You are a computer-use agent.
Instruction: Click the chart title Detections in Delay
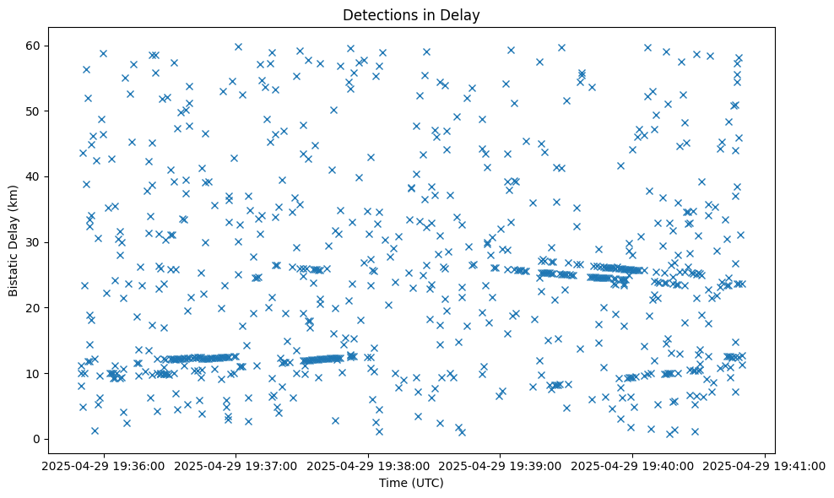[x=411, y=14]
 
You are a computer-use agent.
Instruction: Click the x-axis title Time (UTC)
[x=411, y=483]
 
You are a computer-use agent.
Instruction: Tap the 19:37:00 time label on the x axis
[x=236, y=465]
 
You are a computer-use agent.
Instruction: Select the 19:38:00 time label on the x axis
[x=369, y=465]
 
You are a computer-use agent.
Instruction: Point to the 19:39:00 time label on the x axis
[x=501, y=465]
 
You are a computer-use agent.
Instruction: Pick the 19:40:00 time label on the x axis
[x=633, y=465]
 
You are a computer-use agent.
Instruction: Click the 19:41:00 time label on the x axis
[x=765, y=465]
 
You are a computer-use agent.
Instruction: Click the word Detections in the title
[x=376, y=14]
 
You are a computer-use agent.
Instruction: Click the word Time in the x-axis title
[x=393, y=483]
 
